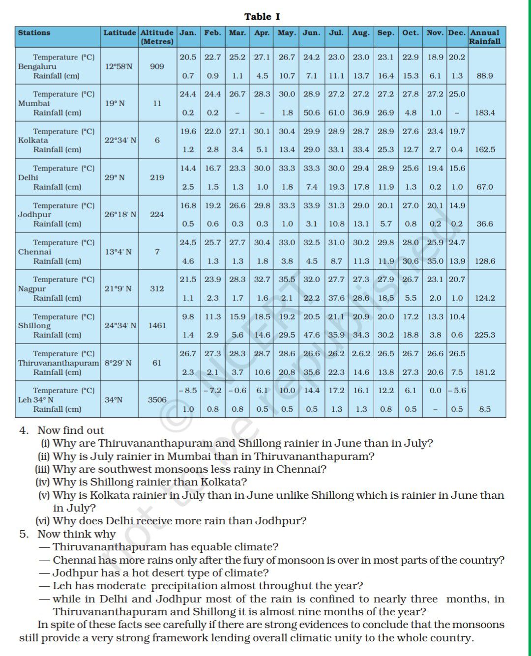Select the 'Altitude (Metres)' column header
[x=157, y=37]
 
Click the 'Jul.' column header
[x=336, y=33]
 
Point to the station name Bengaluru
[x=37, y=66]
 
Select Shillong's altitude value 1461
[x=157, y=325]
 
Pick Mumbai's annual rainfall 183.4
[x=484, y=113]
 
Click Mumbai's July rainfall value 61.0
[x=336, y=113]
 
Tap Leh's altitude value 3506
[x=157, y=399]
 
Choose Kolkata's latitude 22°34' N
[x=120, y=140]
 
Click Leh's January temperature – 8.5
[x=187, y=390]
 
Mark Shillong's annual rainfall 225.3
[x=484, y=335]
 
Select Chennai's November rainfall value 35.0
[x=435, y=261]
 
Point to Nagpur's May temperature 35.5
[x=287, y=279]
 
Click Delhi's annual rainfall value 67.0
[x=484, y=187]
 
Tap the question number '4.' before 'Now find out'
[x=24, y=430]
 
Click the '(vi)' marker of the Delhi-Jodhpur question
[x=43, y=521]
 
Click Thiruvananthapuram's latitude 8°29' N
[x=118, y=363]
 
